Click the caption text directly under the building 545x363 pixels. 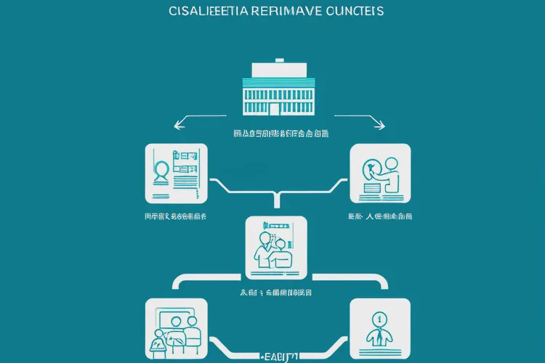tap(280, 134)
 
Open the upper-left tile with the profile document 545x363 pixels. tap(176, 174)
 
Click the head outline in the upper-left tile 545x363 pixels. tap(161, 171)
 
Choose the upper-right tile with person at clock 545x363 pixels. tap(380, 174)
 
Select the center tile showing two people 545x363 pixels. tap(276, 247)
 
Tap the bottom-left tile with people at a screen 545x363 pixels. tap(176, 327)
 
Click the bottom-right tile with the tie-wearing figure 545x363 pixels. tap(380, 327)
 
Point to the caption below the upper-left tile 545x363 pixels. tap(176, 216)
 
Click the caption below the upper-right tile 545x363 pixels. tap(380, 216)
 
